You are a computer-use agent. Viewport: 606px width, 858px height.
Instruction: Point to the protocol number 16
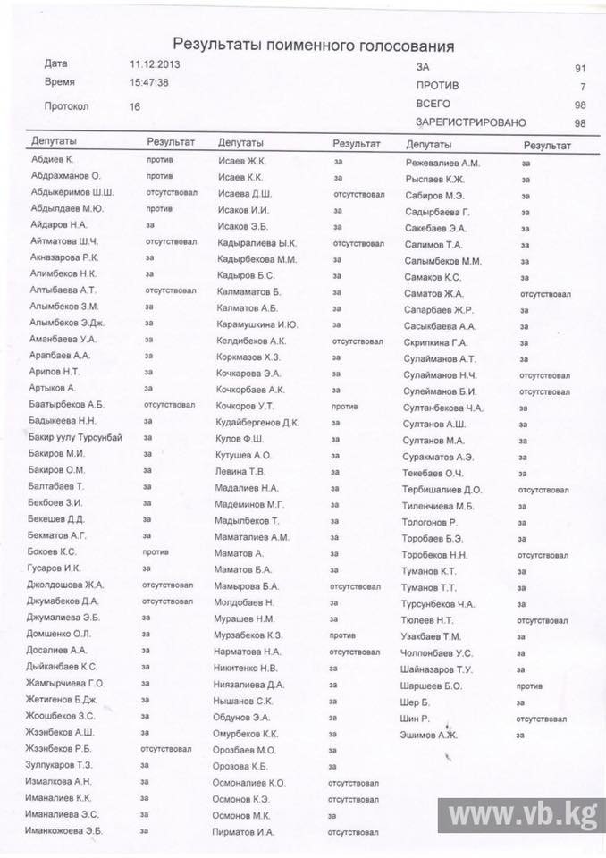[135, 106]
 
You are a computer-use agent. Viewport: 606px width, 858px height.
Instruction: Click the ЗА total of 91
[580, 68]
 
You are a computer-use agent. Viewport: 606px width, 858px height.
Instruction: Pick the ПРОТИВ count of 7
[582, 87]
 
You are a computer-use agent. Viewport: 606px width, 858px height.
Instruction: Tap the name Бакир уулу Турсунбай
[75, 436]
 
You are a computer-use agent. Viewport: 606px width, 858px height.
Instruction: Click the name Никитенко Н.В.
[249, 667]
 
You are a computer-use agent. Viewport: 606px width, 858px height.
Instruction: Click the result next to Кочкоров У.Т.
[344, 406]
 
